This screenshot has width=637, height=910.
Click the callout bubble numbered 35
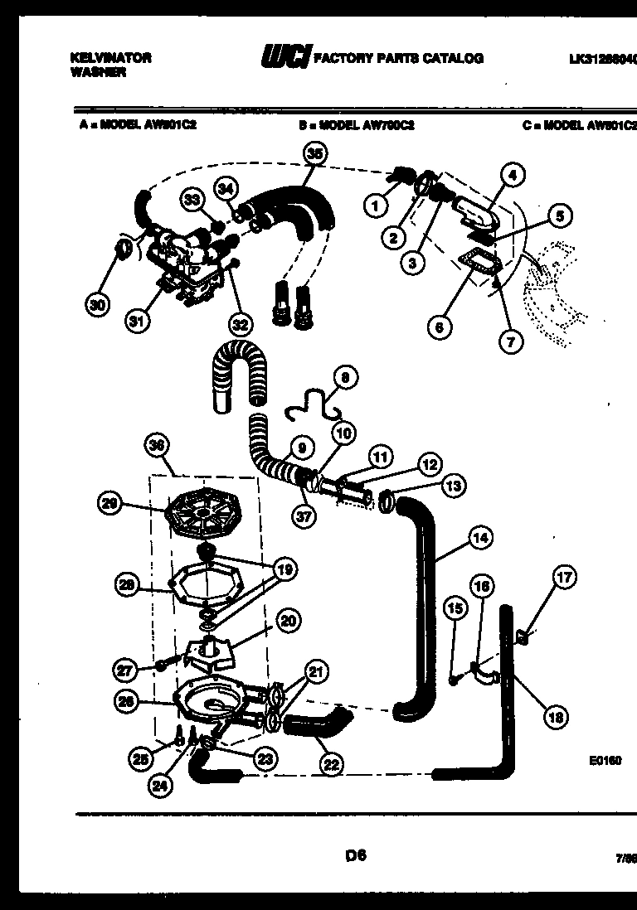pos(314,153)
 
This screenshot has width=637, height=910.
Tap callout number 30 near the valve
pos(98,304)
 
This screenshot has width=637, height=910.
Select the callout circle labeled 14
pos(479,538)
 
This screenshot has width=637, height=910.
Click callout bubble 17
pos(565,577)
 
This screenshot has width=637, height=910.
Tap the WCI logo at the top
pos(285,57)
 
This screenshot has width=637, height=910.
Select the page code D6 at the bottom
pos(357,854)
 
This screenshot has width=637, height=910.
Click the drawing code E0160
pos(607,760)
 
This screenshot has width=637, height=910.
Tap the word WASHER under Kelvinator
pos(86,72)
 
